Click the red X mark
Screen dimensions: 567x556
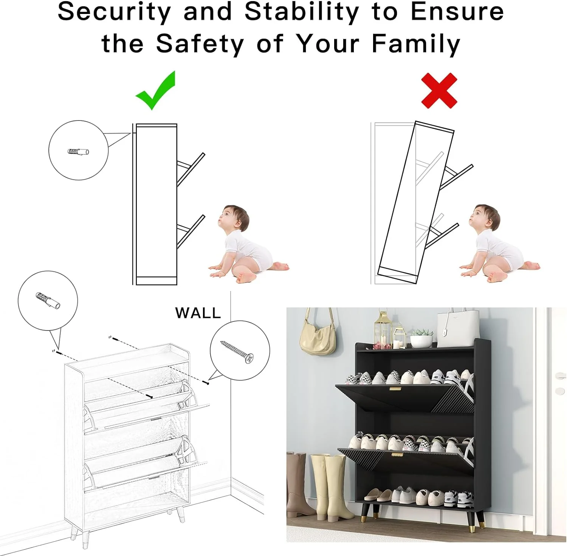point(439,91)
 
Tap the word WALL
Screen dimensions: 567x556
point(198,313)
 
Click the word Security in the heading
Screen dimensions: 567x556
point(114,12)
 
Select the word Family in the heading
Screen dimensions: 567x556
point(416,44)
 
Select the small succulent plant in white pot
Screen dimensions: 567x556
point(421,338)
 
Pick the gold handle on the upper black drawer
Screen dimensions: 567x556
point(395,389)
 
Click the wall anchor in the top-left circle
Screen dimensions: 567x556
point(79,152)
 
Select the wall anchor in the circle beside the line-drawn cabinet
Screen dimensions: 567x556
point(48,301)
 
